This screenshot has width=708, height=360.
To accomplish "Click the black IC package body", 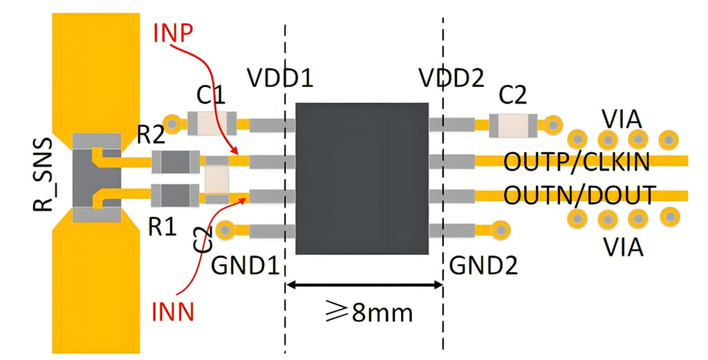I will pyautogui.click(x=362, y=178).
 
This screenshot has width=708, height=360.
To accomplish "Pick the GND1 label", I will pyautogui.click(x=248, y=265).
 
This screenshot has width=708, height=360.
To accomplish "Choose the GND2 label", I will pyautogui.click(x=483, y=265).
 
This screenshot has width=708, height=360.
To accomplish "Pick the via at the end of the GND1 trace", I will pyautogui.click(x=225, y=229).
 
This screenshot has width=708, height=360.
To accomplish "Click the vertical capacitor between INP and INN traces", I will pyautogui.click(x=217, y=179).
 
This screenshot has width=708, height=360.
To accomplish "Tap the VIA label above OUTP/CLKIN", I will pyautogui.click(x=622, y=118).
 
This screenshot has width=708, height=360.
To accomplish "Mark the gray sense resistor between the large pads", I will pyautogui.click(x=97, y=179).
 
